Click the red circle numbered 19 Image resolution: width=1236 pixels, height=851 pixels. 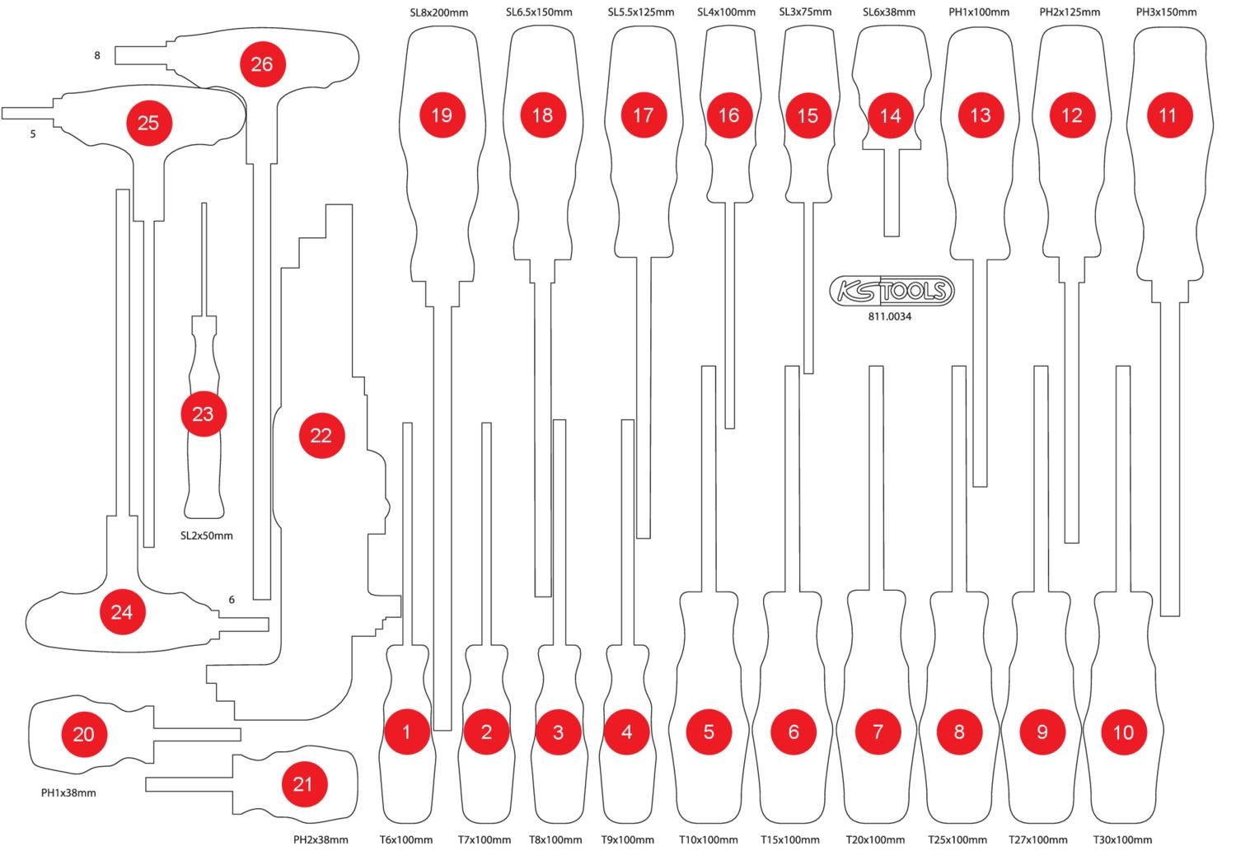[442, 115]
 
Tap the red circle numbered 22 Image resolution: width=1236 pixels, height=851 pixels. [321, 435]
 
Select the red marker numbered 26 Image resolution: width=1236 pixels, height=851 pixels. [262, 64]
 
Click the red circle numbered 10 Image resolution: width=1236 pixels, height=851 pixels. [1123, 732]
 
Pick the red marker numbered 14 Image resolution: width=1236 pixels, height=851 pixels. [891, 115]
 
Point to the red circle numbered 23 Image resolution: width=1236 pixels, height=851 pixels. [203, 414]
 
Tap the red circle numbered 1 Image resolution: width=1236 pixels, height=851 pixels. [406, 731]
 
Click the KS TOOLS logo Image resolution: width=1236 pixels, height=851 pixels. [891, 291]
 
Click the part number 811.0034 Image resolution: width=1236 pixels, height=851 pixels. [890, 316]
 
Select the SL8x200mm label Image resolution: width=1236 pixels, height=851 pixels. [439, 12]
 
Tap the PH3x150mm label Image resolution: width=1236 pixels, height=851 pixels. [1167, 12]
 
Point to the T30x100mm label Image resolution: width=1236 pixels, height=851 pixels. [1122, 839]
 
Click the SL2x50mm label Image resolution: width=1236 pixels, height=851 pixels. [206, 535]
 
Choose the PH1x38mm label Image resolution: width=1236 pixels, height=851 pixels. [68, 793]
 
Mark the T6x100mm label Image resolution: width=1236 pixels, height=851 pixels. [406, 839]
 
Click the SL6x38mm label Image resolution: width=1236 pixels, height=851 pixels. [889, 12]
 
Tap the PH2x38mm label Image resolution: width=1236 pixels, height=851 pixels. [321, 839]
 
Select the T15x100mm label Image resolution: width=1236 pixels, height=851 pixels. [789, 839]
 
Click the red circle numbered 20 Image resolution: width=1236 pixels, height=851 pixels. [84, 733]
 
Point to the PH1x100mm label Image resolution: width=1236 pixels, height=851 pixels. [979, 12]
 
